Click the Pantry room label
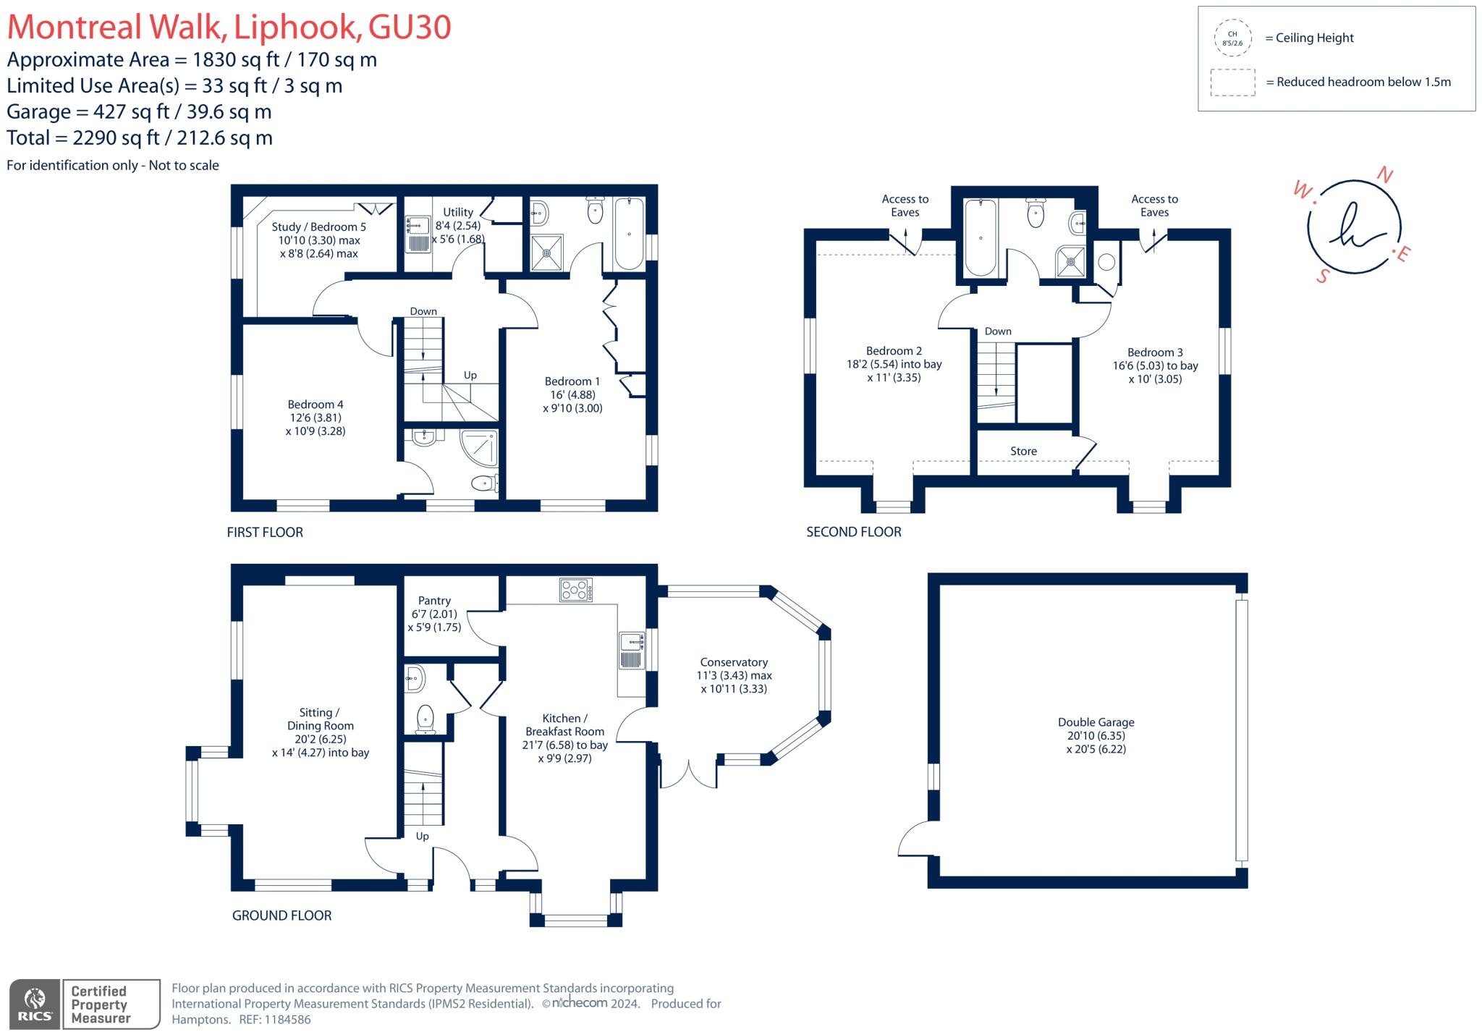click(x=434, y=601)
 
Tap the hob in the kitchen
click(x=576, y=590)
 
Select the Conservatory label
click(x=734, y=662)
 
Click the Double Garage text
click(x=1096, y=722)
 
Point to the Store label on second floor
click(x=1023, y=451)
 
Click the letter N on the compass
click(x=1384, y=175)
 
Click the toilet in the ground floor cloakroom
click(x=425, y=718)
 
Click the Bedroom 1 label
click(x=572, y=381)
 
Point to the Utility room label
click(x=457, y=212)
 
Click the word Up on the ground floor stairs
click(x=422, y=836)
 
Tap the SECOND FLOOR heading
click(x=853, y=532)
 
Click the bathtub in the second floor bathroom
click(x=980, y=237)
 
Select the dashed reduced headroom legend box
click(x=1232, y=83)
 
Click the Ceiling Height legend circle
click(x=1232, y=38)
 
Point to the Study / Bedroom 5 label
click(x=318, y=227)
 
